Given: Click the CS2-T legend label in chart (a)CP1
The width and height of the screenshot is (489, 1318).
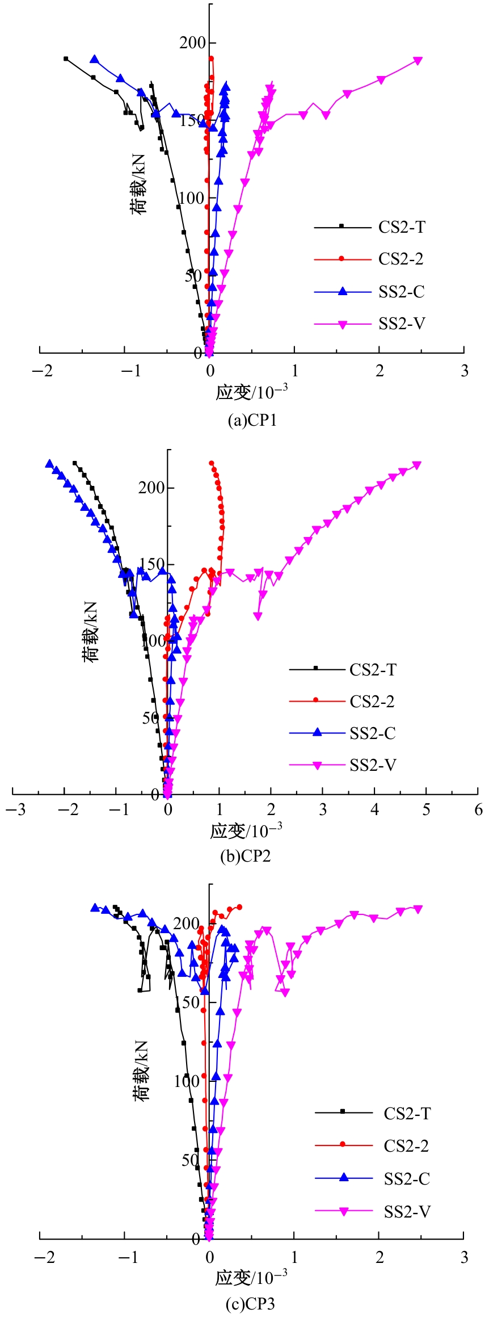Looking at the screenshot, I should [x=402, y=227].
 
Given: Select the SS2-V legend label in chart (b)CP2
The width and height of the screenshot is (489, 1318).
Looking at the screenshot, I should [x=373, y=765].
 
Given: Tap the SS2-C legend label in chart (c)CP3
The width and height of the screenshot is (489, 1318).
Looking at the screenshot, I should [x=407, y=1179].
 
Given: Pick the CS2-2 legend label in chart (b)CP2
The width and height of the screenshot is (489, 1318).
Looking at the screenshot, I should [x=372, y=702].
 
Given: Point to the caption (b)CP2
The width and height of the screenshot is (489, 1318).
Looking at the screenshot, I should [x=246, y=856].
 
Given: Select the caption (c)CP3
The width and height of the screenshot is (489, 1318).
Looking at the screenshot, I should [x=250, y=1303].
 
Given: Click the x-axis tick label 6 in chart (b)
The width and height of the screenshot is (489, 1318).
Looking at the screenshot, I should [x=478, y=809].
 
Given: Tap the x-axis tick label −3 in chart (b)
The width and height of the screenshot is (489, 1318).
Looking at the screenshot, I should [x=16, y=809].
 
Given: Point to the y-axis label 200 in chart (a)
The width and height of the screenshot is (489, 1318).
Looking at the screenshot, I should [x=192, y=43].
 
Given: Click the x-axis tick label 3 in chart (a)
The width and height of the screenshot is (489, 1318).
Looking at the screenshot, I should [x=465, y=371].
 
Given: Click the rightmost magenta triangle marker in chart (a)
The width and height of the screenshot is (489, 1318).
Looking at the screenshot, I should [x=418, y=61].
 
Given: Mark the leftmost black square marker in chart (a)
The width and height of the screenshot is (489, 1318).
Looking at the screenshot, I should [x=66, y=58].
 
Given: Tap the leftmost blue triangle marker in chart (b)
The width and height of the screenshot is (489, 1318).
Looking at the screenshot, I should [x=49, y=463].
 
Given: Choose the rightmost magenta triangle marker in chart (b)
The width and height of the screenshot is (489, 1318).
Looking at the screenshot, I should [x=417, y=465].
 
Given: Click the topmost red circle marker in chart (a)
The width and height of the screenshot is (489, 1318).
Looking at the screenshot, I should [x=211, y=58].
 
